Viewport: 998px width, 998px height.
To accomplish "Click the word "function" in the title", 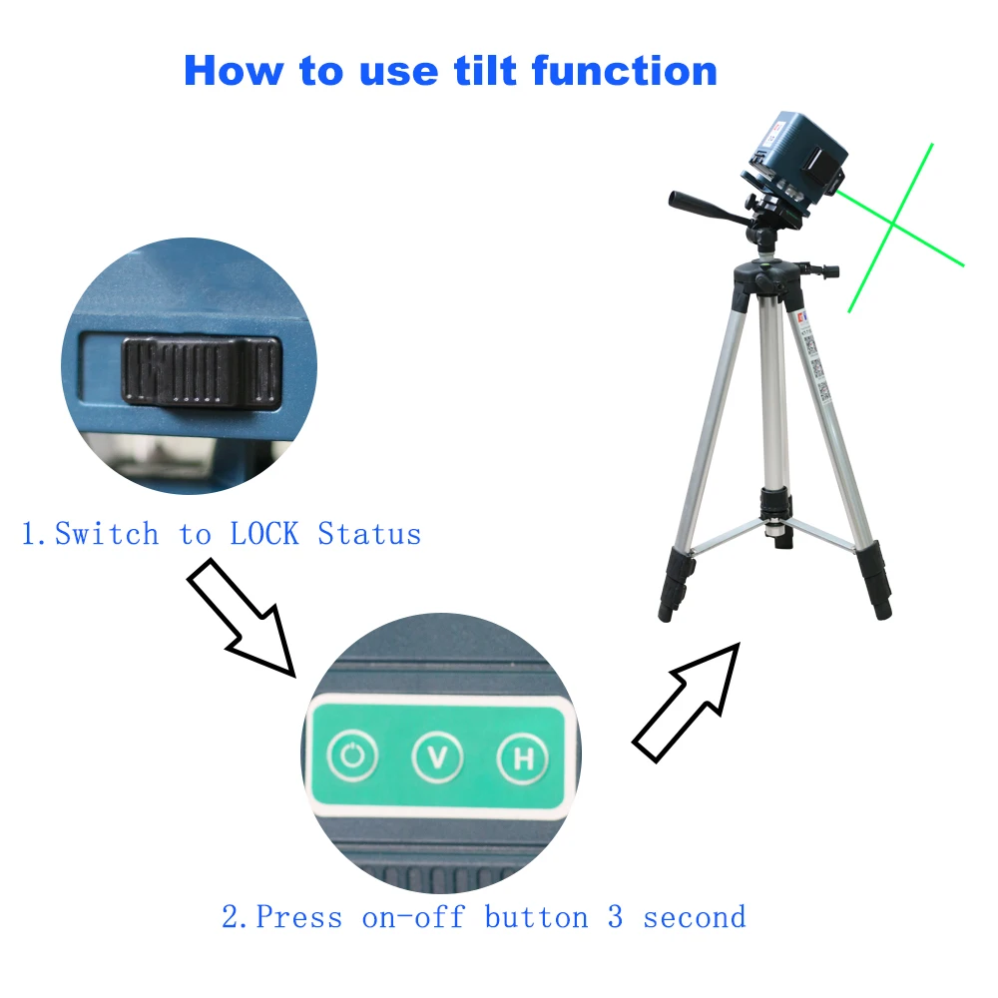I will (x=624, y=70).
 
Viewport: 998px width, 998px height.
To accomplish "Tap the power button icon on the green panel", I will (x=353, y=757).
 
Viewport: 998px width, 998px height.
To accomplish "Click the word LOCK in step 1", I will (x=264, y=534).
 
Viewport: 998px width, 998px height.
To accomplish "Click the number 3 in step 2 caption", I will (x=615, y=916).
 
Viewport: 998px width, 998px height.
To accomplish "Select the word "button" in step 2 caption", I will (x=536, y=916).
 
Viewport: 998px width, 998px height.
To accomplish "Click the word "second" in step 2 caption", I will (x=694, y=916).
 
